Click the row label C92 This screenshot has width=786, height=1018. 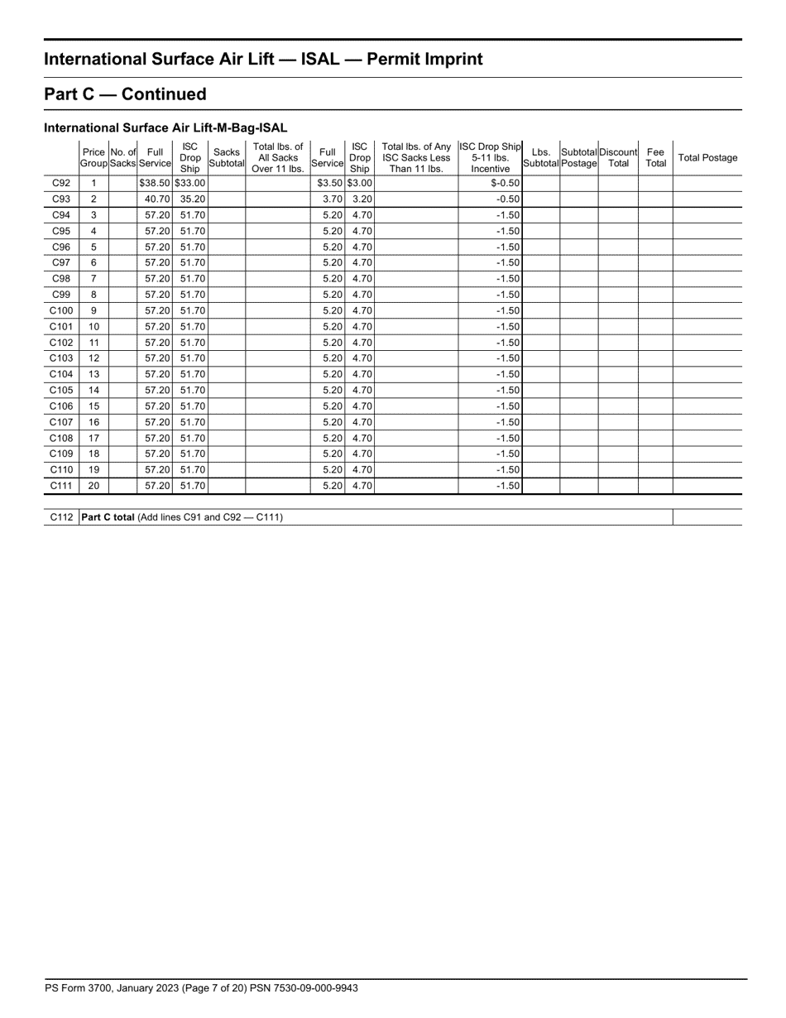point(61,183)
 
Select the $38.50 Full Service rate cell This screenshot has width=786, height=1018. point(155,183)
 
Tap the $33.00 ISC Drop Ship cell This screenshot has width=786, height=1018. point(190,183)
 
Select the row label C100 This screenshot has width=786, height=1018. point(61,310)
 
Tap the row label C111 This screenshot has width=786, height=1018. point(61,486)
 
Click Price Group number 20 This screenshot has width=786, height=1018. point(93,486)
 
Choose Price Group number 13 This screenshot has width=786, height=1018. point(93,374)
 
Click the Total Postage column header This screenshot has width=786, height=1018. point(707,158)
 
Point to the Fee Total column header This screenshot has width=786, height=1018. point(655,158)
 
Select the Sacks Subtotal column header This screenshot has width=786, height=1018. point(226,158)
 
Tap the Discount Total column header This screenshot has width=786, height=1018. point(618,158)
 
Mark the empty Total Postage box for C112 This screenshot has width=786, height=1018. point(707,517)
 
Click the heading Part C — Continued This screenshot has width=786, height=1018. point(125,94)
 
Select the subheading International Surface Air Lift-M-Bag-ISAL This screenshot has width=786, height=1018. point(165,128)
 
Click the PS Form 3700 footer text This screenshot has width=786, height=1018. point(201,988)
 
